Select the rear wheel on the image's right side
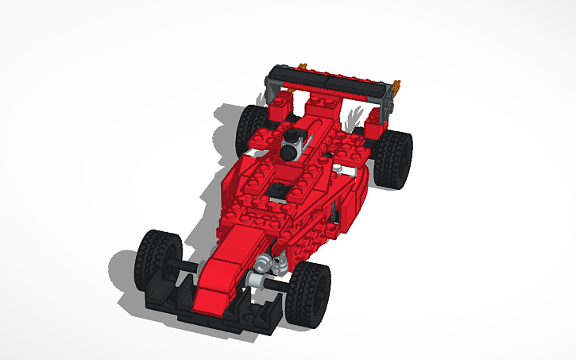[x=392, y=157]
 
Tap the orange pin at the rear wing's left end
[x=301, y=64]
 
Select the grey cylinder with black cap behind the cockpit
[x=293, y=146]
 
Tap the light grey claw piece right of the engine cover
[x=355, y=116]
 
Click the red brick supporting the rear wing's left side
[x=283, y=106]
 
